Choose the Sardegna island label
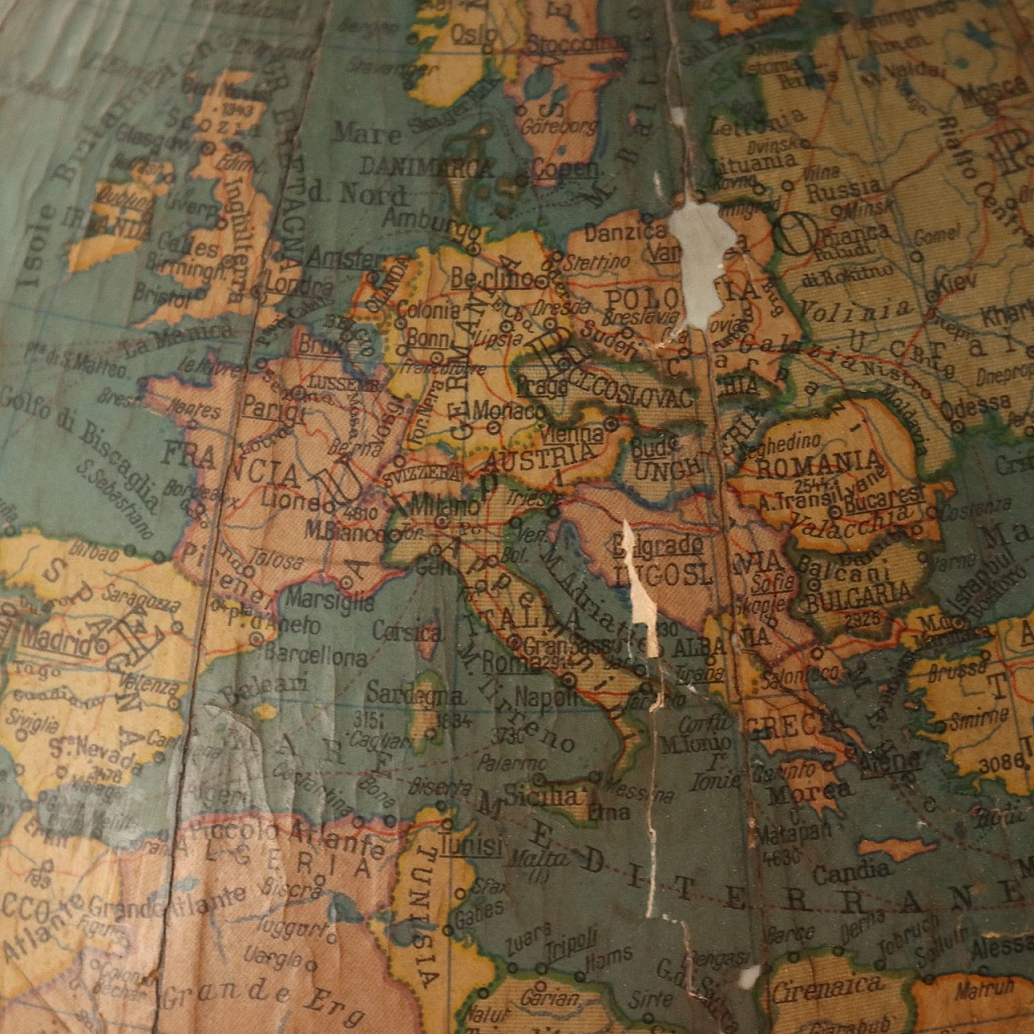point(415,693)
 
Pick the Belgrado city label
point(657,545)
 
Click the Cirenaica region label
point(826,987)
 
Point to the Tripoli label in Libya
point(570,939)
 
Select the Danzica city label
point(614,233)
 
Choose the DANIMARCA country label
point(426,166)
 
